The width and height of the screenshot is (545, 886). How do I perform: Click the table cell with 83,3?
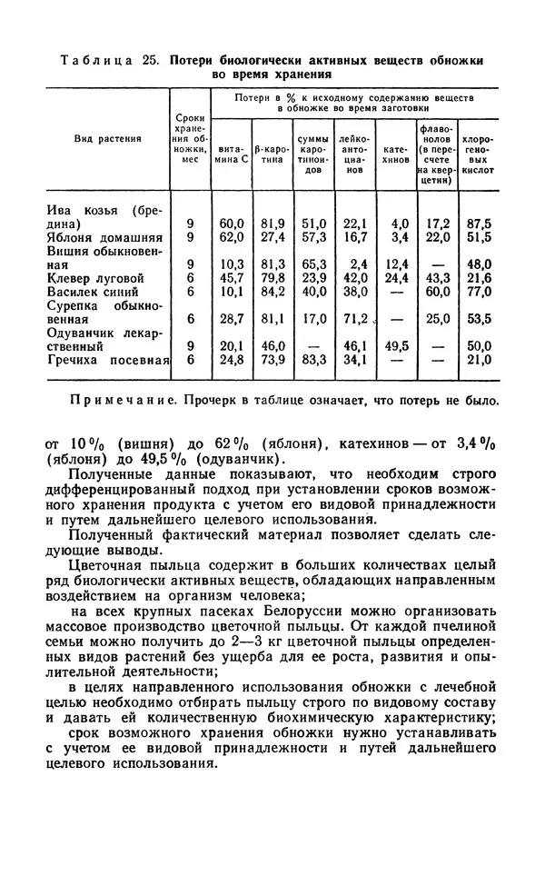pyautogui.click(x=313, y=360)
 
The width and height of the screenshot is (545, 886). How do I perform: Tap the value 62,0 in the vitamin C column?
pyautogui.click(x=232, y=237)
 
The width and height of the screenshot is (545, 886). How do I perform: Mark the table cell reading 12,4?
pyautogui.click(x=397, y=264)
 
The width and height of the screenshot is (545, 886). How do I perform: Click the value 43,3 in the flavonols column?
pyautogui.click(x=438, y=278)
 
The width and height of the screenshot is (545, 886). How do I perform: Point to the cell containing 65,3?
pyautogui.click(x=313, y=264)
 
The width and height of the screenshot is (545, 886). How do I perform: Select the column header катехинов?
pyautogui.click(x=396, y=152)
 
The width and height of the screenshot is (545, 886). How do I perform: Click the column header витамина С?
pyautogui.click(x=232, y=152)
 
